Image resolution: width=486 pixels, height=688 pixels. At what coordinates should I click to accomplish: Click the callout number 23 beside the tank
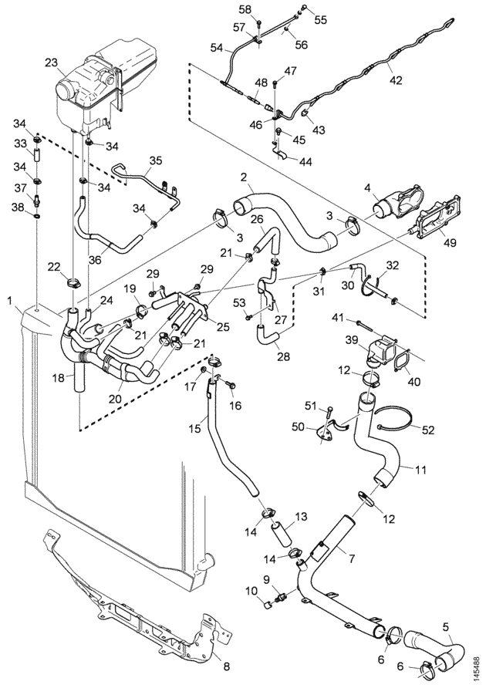pos(52,62)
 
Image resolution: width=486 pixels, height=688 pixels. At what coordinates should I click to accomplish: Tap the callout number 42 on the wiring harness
pos(396,80)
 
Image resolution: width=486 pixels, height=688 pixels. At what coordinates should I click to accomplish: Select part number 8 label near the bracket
pos(226,666)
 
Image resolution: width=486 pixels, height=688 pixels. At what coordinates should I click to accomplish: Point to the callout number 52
pos(427,430)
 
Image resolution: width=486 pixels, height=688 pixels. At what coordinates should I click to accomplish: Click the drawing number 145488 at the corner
pos(476,665)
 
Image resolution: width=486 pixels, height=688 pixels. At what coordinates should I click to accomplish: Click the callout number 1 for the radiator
pos(10,301)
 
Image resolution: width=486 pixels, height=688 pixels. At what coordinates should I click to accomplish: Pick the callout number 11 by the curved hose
pos(420,470)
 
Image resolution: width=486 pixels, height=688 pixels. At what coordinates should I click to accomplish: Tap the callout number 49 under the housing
pos(450,242)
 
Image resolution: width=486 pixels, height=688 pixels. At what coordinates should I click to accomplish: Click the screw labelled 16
pos(231,384)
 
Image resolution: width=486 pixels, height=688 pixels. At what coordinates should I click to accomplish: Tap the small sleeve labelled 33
pos(37,156)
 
